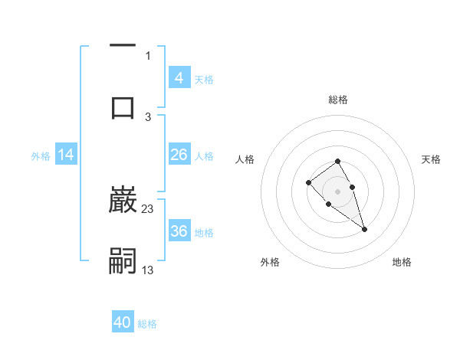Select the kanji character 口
click(123, 107)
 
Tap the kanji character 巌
click(123, 201)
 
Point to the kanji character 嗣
click(123, 260)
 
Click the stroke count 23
click(148, 209)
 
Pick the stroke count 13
click(148, 270)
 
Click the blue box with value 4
click(179, 78)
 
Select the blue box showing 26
click(179, 155)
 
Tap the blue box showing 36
click(179, 231)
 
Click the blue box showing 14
click(66, 155)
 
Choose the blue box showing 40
click(123, 322)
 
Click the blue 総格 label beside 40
click(147, 324)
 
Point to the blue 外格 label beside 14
click(41, 156)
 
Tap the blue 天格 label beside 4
click(204, 79)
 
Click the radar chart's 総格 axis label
click(338, 100)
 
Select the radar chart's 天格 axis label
click(432, 159)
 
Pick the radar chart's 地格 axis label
click(402, 262)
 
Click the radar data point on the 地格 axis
click(364, 229)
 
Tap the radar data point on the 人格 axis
click(308, 182)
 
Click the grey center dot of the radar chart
click(338, 191)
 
